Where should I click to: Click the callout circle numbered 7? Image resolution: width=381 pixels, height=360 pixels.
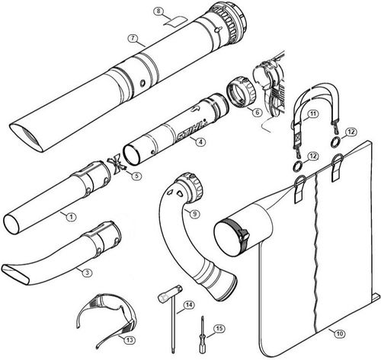(x=133, y=38)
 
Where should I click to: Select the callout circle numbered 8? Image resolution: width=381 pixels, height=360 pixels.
(x=158, y=11)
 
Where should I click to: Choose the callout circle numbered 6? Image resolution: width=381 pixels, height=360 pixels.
(x=258, y=111)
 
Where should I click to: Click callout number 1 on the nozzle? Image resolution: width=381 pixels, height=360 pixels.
(x=71, y=217)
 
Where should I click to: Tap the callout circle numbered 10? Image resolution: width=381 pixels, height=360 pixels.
(x=339, y=332)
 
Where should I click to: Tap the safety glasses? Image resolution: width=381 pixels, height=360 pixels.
(x=105, y=314)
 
